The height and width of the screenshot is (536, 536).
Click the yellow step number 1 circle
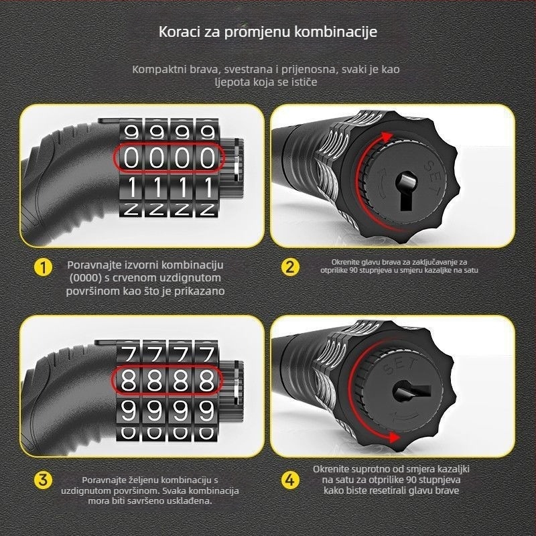[43, 268]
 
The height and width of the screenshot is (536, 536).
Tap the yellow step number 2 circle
[289, 267]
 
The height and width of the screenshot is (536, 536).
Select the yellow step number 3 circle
[43, 480]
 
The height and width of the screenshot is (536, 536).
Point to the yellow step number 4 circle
[289, 480]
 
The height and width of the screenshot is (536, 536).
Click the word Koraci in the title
[176, 31]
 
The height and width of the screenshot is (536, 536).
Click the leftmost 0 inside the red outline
[133, 158]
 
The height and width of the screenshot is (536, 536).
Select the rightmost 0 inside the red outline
[208, 158]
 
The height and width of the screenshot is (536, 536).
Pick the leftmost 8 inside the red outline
[131, 381]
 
